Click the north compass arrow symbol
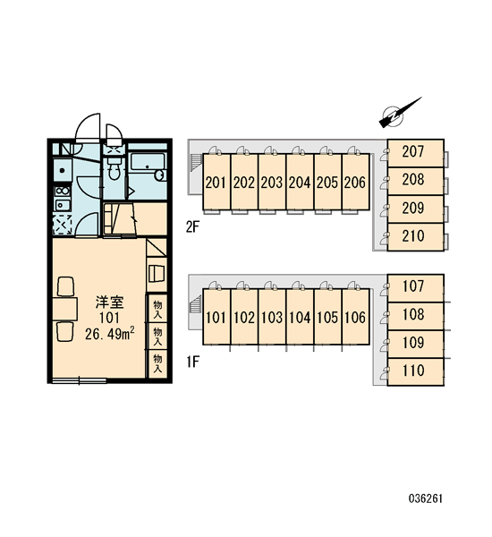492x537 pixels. pos(399,113)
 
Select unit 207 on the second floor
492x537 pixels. pos(415,153)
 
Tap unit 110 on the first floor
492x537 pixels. pos(415,372)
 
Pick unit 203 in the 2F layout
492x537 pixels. pos(272,182)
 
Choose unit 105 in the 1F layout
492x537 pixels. pos(327,317)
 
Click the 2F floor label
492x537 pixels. pos(192,226)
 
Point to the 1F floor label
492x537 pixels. pos(192,362)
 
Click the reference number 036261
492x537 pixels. pos(425,499)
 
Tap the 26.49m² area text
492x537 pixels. pos(109,334)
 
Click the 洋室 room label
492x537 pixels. pos(109,303)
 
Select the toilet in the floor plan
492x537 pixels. pos(114,168)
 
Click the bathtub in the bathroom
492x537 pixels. pos(148,167)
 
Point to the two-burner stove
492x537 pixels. pos(62,192)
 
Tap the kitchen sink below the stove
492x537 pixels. pos(63,205)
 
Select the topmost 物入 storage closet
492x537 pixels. pos(157,308)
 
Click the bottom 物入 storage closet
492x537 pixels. pos(157,363)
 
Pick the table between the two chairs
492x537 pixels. pos(64,310)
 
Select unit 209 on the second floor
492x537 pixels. pos(415,209)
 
